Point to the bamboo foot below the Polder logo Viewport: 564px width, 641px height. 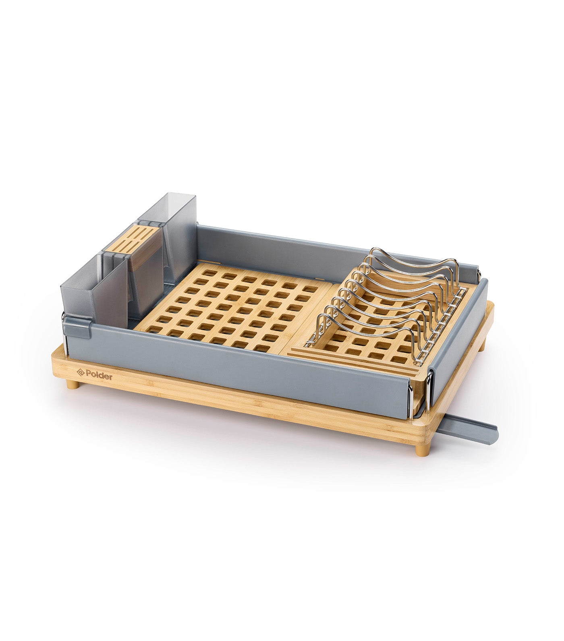73,384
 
